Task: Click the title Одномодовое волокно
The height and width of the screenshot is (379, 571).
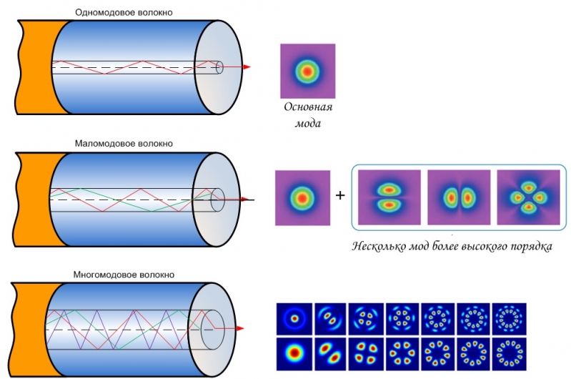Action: coord(124,12)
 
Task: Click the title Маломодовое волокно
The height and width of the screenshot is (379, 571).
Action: coord(124,144)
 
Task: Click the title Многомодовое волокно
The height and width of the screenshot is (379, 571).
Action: coord(124,275)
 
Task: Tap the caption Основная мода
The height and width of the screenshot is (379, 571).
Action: coord(308,115)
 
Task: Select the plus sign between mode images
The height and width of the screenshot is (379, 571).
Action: coord(340,195)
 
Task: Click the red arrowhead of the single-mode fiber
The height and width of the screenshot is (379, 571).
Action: coord(247,67)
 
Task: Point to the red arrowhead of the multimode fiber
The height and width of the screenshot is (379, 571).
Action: coord(240,328)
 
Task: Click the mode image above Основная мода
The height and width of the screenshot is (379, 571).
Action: coord(308,71)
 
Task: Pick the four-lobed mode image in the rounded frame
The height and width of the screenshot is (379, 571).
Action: coord(528,197)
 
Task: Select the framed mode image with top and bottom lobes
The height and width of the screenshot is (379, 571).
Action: coord(389,197)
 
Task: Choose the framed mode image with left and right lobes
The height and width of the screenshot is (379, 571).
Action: coord(459,197)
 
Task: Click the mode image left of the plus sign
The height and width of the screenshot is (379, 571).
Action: coord(302,198)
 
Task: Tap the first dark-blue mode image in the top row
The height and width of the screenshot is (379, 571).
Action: coord(294,319)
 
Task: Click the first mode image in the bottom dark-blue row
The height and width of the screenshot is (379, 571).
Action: coord(294,354)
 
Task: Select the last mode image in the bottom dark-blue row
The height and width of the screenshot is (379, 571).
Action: coord(509,354)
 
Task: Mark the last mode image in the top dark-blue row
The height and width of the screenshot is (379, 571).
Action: coord(509,319)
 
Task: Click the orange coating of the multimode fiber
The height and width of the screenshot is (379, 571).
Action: coord(31,330)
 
